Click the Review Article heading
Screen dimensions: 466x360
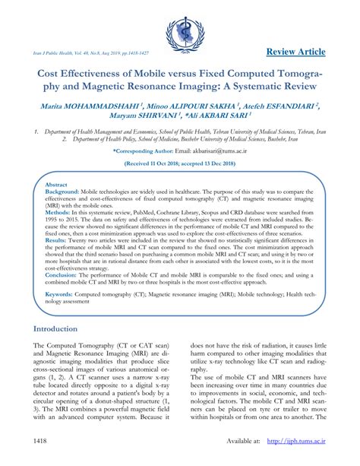coord(297,52)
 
